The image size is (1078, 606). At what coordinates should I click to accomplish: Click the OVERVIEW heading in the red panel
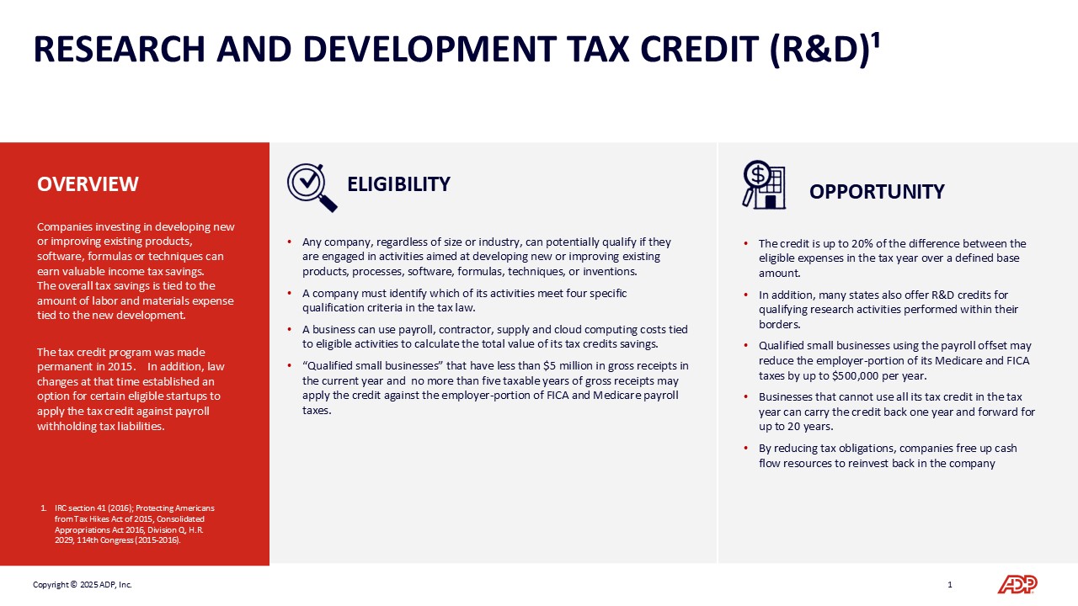[x=88, y=184]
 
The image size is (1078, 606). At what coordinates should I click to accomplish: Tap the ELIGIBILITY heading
[x=398, y=184]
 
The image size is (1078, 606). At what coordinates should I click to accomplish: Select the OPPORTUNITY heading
[x=877, y=191]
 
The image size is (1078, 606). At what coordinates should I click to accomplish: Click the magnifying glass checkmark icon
[x=312, y=188]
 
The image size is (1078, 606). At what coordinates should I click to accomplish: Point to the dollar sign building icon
[x=764, y=184]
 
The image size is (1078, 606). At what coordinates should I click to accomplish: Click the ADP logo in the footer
[x=1017, y=584]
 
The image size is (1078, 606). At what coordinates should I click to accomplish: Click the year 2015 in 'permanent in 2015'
[x=120, y=366]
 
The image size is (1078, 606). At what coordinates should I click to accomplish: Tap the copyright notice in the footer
[x=83, y=584]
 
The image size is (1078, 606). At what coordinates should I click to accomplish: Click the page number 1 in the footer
[x=949, y=584]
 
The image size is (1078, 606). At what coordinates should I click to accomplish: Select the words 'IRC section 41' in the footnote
[x=78, y=508]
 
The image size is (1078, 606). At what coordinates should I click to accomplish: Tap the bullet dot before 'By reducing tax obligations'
[x=745, y=449]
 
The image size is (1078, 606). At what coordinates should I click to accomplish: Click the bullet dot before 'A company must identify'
[x=289, y=293]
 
